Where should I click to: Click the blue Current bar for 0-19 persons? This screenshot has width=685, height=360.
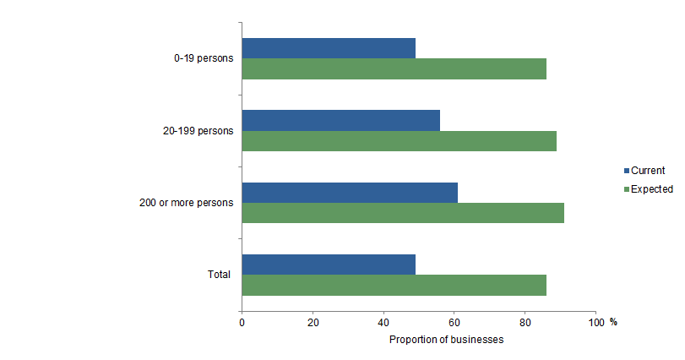coord(329,48)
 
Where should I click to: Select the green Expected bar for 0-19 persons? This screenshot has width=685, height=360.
coord(394,69)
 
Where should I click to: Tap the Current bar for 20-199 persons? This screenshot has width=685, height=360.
coord(340,120)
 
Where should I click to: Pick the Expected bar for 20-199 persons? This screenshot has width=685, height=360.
coord(399,141)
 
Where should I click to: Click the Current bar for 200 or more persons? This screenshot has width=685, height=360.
coord(350,193)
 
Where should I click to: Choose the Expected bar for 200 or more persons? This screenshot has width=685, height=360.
coord(403,213)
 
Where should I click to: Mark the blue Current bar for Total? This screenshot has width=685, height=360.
coord(329,265)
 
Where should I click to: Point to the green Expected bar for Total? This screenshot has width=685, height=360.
coord(394,286)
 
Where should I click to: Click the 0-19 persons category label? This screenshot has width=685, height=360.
coord(199,59)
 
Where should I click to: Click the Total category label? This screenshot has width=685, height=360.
coord(220,275)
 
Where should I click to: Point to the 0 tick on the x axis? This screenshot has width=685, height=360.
coord(242,322)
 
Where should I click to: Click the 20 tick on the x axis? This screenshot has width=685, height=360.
coord(313,322)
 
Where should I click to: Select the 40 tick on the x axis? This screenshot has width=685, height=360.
coord(383,322)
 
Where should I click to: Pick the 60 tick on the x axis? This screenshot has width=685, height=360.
coord(454,322)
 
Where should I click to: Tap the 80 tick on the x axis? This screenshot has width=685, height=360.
coord(525,322)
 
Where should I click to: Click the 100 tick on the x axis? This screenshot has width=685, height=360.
coord(595,322)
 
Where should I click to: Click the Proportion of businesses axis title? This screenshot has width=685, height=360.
coord(446,340)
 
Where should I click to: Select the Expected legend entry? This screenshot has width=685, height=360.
coord(651,189)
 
